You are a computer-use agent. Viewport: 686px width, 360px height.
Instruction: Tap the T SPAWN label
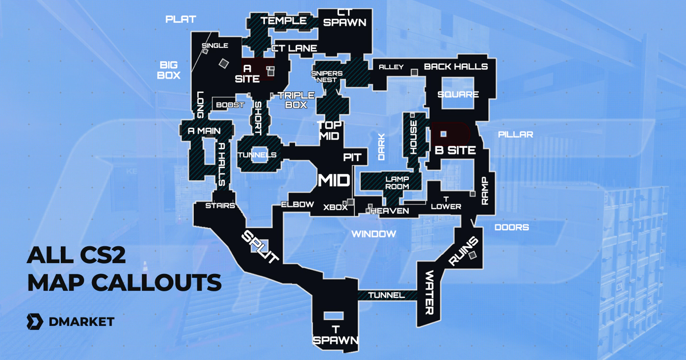coord(335,335)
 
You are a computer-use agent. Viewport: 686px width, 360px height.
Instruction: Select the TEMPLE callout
coord(284,21)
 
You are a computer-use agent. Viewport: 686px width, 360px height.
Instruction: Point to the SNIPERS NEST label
coord(327,76)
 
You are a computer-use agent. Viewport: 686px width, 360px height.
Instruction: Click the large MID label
coord(334,180)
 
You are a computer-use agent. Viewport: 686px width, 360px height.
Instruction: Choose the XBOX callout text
coord(335,207)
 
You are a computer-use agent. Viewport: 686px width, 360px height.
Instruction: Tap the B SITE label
coord(455,150)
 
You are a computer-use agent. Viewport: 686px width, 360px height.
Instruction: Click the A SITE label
coord(247,73)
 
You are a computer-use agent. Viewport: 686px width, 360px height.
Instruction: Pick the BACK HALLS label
coord(456,66)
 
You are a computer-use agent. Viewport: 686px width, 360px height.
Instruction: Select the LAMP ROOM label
coord(397,183)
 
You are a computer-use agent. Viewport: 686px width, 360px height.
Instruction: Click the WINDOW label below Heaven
coord(374,234)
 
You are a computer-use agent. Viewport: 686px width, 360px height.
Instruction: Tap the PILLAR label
coord(515,134)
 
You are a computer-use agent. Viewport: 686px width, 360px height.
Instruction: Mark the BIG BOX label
coord(170,70)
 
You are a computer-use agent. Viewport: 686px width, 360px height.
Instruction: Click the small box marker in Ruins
coord(472,254)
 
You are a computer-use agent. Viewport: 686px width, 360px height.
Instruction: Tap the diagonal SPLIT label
coord(260,247)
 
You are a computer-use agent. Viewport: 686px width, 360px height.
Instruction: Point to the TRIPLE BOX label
coord(296,100)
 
